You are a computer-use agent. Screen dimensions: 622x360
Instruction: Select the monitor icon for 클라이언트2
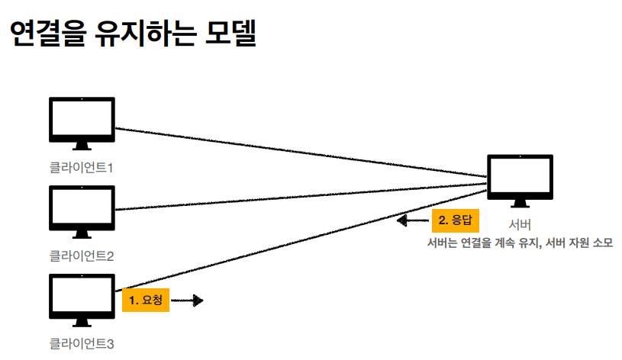82,211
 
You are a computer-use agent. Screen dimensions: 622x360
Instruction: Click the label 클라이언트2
82,255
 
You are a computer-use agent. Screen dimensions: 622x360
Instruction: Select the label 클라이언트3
82,343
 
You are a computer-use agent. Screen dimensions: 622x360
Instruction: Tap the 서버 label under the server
520,224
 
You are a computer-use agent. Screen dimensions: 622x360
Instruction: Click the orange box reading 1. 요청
145,301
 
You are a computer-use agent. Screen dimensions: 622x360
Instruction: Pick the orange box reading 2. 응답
456,220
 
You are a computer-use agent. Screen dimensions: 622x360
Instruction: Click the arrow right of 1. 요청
187,301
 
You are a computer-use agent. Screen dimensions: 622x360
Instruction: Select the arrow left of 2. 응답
413,221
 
